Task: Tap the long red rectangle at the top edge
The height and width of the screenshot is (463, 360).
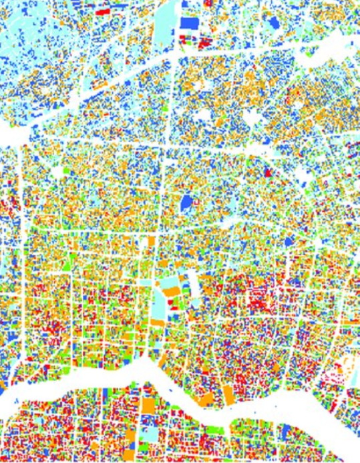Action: [105, 11]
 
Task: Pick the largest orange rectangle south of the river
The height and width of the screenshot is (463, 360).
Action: [147, 406]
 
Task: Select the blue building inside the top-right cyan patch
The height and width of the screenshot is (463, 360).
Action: [273, 23]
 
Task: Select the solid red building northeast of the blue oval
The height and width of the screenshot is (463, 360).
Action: [269, 172]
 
